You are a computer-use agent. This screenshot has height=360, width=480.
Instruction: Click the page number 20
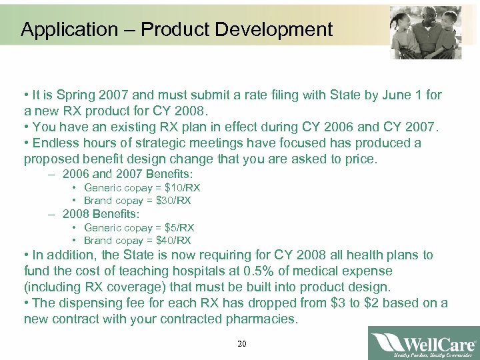click(x=241, y=344)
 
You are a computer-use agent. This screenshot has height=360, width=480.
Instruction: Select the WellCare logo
click(x=423, y=343)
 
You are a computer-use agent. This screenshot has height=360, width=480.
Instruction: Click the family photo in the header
click(x=419, y=30)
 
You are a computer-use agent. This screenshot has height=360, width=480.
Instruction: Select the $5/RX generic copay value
click(x=173, y=227)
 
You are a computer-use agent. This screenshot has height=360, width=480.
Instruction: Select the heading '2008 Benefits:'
click(x=101, y=214)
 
